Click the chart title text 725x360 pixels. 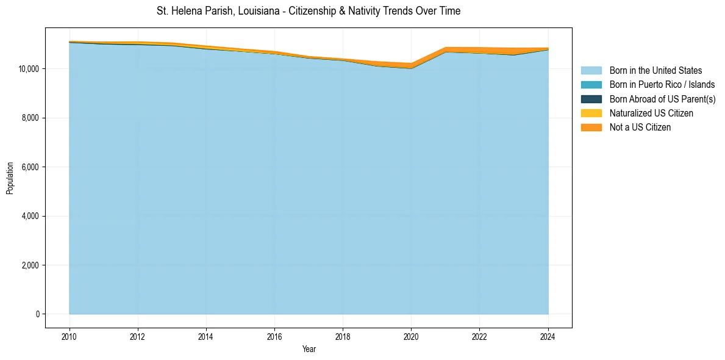[x=308, y=11]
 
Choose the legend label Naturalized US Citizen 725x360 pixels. [x=651, y=113]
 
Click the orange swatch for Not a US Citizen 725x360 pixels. [x=591, y=128]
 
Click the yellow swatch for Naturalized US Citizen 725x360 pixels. [x=591, y=113]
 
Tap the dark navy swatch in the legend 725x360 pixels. [x=591, y=99]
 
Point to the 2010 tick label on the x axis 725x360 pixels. [x=70, y=336]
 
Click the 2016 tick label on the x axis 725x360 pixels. [x=274, y=336]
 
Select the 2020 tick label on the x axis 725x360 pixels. [x=411, y=336]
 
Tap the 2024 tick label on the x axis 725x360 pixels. [x=548, y=336]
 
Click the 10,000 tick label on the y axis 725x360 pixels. [x=29, y=69]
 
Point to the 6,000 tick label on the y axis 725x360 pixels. [x=30, y=167]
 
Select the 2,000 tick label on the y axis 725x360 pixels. [x=30, y=265]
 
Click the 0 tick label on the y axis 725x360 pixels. [x=38, y=314]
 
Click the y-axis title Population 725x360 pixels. [x=10, y=178]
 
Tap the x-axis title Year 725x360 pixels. [x=309, y=349]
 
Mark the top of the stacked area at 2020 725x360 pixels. [x=411, y=63]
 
